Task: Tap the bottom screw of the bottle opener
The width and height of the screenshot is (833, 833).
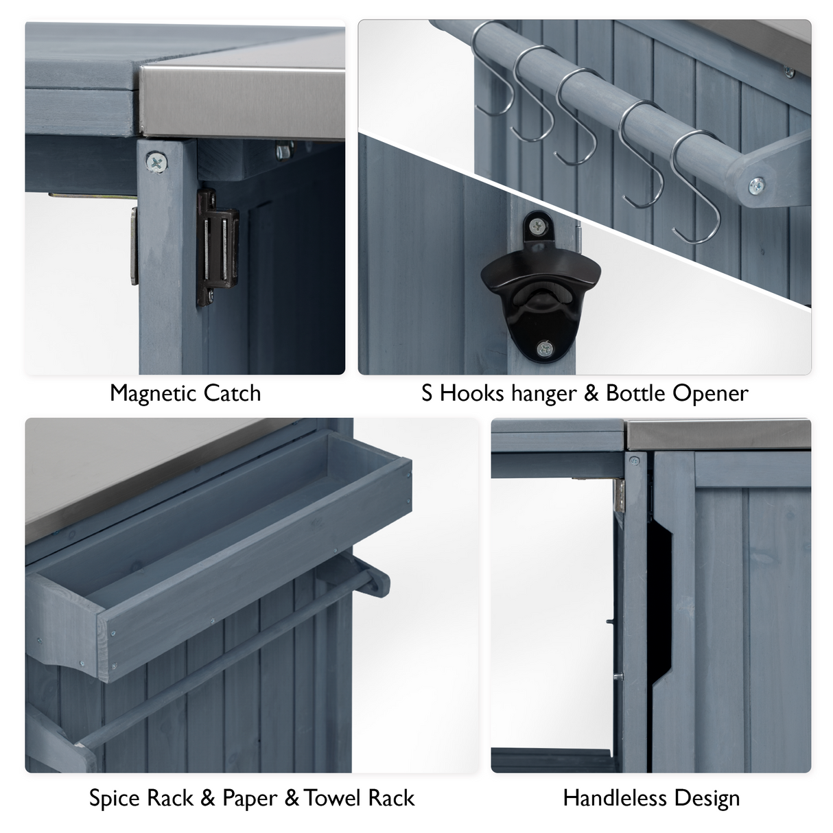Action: coord(545,349)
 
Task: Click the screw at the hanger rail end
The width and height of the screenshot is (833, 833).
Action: coord(757,184)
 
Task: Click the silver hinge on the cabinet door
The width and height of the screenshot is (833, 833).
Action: coord(620,495)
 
